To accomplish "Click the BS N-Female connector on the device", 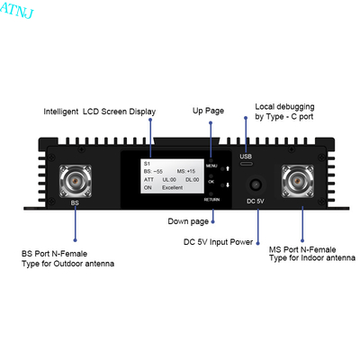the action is click(x=76, y=181).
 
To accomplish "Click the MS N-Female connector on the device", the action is click(x=297, y=181).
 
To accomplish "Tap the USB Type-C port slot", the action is click(x=246, y=164).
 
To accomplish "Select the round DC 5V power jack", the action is click(x=256, y=184).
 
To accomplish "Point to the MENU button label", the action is click(x=211, y=166).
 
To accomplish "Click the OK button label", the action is click(x=211, y=182).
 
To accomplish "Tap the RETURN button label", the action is click(x=211, y=200).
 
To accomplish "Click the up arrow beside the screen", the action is click(x=228, y=168).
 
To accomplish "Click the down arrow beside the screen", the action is click(x=228, y=185).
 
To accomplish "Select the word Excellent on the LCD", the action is click(x=172, y=187).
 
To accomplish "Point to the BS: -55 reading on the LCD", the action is click(x=153, y=171).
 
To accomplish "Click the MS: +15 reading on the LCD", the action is click(x=186, y=171).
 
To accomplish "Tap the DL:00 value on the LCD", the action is click(x=193, y=180).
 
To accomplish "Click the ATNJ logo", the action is click(x=17, y=11).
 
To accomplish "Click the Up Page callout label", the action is click(x=208, y=111).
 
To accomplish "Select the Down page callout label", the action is click(x=188, y=221).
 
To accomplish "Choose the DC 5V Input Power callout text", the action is click(x=218, y=242).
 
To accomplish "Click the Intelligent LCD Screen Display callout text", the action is click(x=100, y=112).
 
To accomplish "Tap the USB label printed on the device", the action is click(x=246, y=157).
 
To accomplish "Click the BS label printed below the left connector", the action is click(x=75, y=202).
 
